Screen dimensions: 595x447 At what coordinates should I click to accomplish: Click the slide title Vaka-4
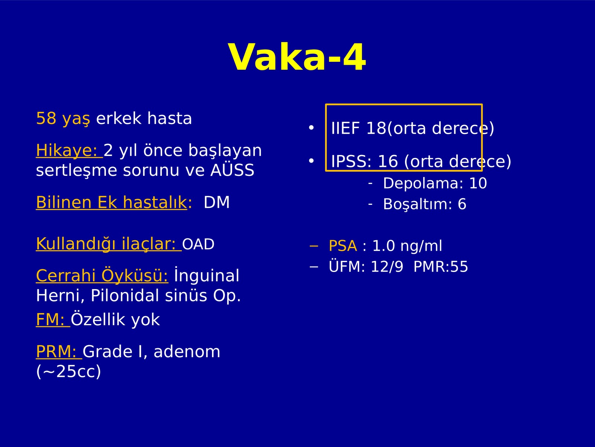pos(297,57)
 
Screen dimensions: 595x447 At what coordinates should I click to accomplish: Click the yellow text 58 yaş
pos(63,118)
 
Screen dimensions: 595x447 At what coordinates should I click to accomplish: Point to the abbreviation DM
pos(216,202)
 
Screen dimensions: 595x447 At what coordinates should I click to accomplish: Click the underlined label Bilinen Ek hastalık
pos(112,202)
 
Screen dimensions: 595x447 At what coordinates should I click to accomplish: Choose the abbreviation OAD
pos(198,244)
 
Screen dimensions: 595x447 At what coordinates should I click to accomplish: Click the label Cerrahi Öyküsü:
pos(102,275)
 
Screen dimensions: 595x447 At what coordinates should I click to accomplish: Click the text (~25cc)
pos(68,371)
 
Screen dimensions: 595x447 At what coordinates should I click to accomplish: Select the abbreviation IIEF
pos(345,128)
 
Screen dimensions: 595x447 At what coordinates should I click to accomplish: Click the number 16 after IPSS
pos(388,161)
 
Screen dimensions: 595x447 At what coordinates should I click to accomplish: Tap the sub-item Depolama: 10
pos(435,183)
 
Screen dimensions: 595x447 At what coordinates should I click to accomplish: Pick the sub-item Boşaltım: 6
pos(425,204)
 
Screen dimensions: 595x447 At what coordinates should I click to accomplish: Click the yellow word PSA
pos(343,246)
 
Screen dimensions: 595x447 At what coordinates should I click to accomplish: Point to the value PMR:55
pos(441,266)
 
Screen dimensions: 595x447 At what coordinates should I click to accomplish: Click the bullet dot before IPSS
pos(312,161)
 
